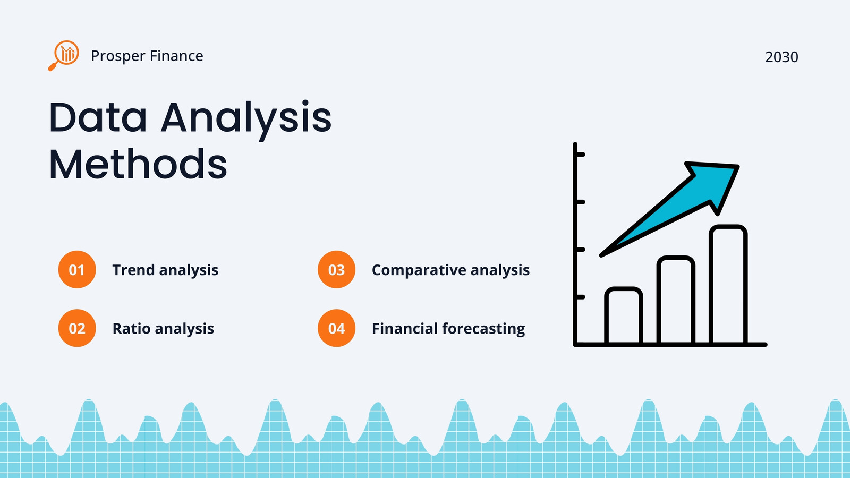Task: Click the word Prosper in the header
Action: [118, 56]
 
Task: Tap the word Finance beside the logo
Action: [176, 56]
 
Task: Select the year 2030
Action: [781, 57]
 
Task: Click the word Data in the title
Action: [98, 117]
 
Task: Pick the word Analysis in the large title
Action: [246, 119]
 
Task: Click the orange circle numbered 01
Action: [77, 269]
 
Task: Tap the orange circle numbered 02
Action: [77, 328]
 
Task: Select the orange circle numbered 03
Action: [337, 269]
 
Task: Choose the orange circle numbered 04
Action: [337, 328]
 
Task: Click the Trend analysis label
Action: [165, 270]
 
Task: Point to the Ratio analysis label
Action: [163, 329]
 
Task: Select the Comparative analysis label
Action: [451, 270]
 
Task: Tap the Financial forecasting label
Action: [448, 329]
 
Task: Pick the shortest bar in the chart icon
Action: [624, 315]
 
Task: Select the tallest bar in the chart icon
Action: [728, 285]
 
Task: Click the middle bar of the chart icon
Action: [676, 300]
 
